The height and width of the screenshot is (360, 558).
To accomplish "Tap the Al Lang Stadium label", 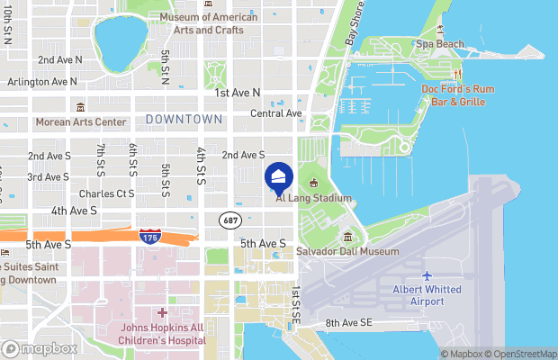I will [313, 198].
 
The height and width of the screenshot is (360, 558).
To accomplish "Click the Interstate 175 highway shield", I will [151, 236].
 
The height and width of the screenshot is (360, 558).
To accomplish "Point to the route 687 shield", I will [229, 219].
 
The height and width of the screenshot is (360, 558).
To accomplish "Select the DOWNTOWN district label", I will [184, 119].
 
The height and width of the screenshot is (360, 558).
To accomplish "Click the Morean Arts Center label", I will [81, 121].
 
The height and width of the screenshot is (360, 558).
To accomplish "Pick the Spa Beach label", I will [439, 43].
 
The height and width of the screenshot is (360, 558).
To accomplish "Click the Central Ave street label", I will [275, 113].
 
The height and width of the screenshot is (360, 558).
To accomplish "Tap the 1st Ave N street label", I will [238, 93].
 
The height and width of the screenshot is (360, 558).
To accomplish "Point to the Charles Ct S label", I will [106, 193].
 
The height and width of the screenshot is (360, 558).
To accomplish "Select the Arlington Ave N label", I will [41, 81].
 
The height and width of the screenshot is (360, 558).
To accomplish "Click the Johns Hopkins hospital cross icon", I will [163, 312].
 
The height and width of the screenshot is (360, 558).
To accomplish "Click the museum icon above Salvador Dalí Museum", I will [347, 237].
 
